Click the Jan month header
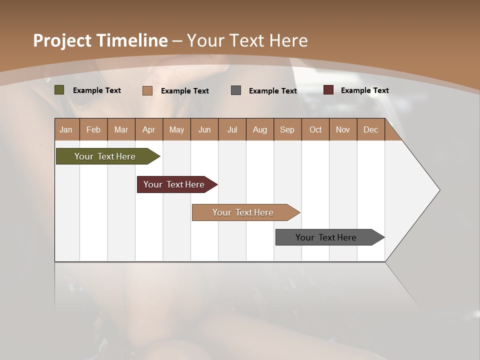pos(66,129)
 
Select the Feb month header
pos(93,129)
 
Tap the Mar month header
pos(121,129)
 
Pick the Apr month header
pos(149,129)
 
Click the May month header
pos(176,129)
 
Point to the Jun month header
pos(204,129)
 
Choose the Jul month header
pos(232,129)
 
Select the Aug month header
pos(260,129)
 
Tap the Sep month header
pos(287,129)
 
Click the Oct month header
pos(315,129)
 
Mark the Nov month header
pos(343,129)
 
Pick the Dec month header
pos(371,129)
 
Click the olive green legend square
pos(59,90)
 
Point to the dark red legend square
pos(328,90)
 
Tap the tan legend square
pos(147,90)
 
